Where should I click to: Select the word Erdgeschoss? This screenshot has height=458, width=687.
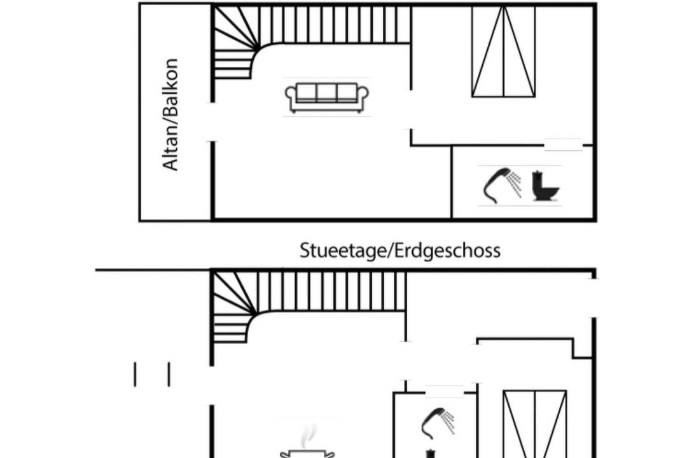448,251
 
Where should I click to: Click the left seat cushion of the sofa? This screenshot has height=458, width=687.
307,93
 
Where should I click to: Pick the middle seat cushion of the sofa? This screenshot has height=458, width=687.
327,93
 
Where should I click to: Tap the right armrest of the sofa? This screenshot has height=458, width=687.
363,96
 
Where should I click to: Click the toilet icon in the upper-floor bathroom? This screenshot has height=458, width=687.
545,185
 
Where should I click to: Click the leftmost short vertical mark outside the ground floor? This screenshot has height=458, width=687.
135,374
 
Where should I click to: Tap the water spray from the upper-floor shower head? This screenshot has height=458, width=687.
516,183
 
